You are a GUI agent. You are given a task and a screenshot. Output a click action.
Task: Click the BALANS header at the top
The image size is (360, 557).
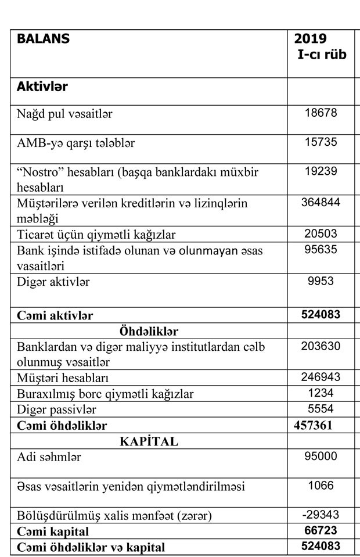(43, 39)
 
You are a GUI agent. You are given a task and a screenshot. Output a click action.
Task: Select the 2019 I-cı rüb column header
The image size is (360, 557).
(321, 46)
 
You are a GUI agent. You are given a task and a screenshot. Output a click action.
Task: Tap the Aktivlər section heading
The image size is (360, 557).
(42, 87)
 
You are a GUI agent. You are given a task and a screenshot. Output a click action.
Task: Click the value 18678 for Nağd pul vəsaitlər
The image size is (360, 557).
(321, 113)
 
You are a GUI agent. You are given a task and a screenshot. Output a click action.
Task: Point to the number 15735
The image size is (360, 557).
(321, 142)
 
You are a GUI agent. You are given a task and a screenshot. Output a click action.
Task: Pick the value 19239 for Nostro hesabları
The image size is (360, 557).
(321, 171)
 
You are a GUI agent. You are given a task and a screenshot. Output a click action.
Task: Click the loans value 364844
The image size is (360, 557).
(321, 202)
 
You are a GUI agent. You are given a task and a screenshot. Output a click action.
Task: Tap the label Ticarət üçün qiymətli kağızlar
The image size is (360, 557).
(96, 235)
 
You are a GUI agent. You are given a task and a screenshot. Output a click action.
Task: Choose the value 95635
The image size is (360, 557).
(321, 250)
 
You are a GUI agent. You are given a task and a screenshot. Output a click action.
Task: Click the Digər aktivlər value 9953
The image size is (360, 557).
(321, 281)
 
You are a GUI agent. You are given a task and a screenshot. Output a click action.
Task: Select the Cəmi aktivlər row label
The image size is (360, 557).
(55, 315)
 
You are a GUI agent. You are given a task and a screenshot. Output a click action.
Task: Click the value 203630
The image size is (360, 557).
(321, 346)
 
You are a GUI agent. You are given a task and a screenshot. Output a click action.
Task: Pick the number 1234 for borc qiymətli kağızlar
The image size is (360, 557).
(321, 393)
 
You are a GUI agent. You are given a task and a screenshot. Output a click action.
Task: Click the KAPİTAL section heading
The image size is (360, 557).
(149, 441)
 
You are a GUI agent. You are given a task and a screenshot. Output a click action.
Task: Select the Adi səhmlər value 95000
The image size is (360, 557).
(321, 457)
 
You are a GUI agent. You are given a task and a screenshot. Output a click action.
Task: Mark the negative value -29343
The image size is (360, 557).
(321, 515)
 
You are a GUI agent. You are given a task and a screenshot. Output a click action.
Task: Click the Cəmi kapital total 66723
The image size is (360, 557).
(321, 531)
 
